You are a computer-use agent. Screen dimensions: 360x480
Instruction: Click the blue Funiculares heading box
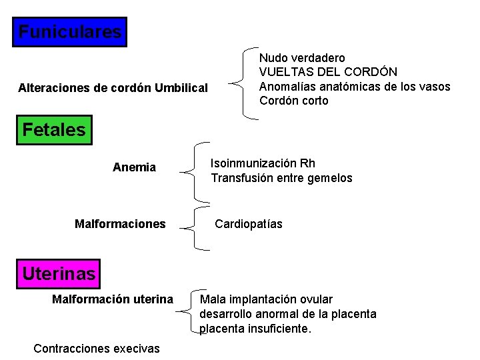click(69, 32)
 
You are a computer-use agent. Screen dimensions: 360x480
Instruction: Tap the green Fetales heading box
click(54, 130)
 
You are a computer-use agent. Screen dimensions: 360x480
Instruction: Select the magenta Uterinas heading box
click(59, 273)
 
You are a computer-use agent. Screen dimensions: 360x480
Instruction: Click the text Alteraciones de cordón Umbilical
click(113, 88)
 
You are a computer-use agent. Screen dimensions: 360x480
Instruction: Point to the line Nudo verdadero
click(302, 59)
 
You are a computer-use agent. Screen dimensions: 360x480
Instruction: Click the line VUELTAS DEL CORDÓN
click(328, 72)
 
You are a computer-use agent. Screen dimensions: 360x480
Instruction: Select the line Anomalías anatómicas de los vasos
click(355, 87)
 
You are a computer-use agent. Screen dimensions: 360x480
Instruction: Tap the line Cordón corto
click(294, 101)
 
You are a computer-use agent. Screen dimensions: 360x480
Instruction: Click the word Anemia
click(134, 167)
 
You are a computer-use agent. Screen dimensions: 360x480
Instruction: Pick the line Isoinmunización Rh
click(263, 163)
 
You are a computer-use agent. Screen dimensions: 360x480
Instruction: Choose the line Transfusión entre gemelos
click(281, 178)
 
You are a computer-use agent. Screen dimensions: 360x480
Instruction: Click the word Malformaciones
click(120, 224)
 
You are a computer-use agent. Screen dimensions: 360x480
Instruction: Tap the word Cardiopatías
click(248, 224)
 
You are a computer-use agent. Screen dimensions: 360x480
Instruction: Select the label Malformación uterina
click(113, 299)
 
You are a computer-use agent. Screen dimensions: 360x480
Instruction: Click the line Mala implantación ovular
click(266, 299)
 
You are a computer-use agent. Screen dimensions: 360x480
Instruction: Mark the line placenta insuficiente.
click(255, 329)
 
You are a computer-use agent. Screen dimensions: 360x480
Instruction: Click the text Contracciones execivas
click(97, 348)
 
